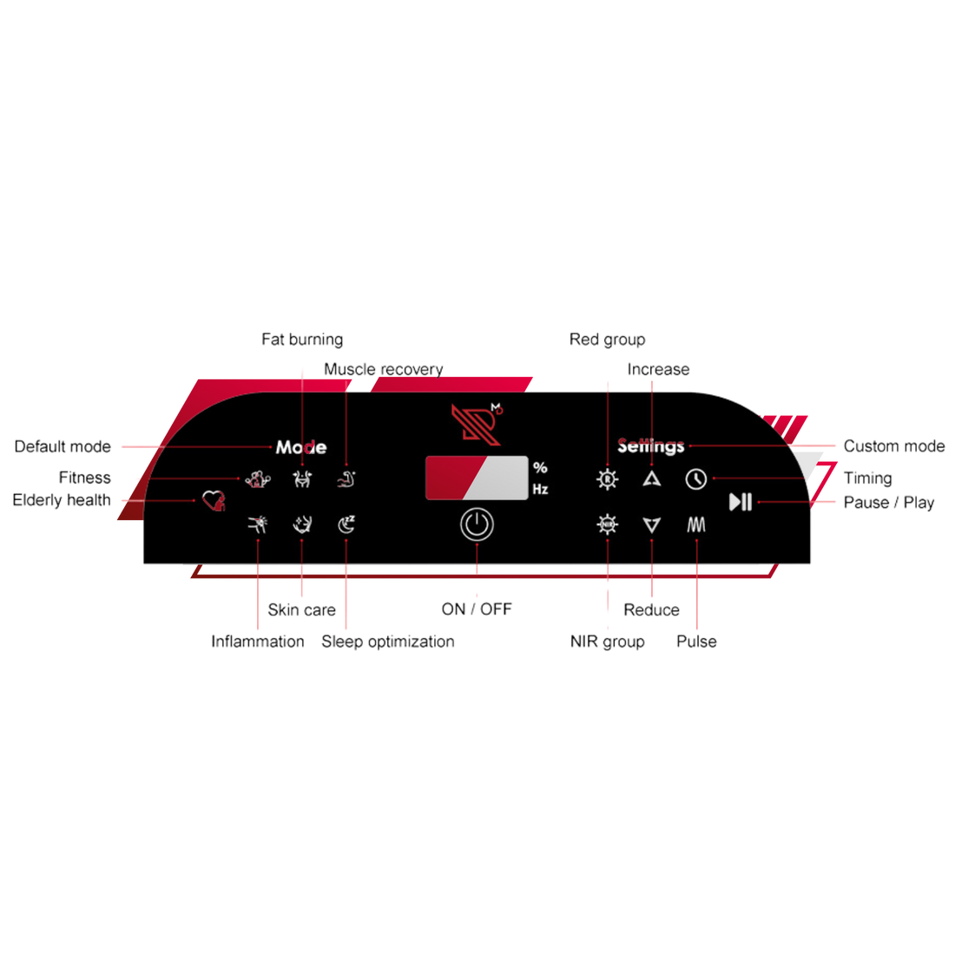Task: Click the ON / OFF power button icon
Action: [477, 525]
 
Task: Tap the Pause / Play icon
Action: [741, 502]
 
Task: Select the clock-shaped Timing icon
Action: [695, 478]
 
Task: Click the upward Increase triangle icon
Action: [652, 478]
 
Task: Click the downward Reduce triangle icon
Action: [652, 524]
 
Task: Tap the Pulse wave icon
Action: [696, 524]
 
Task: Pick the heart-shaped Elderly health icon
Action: [213, 500]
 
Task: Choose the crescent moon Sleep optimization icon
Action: [346, 524]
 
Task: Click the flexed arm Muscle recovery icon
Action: [346, 478]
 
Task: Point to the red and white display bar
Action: [477, 477]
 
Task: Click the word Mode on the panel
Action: [300, 447]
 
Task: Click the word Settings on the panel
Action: [651, 446]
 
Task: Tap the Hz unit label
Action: [540, 490]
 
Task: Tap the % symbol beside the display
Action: [540, 468]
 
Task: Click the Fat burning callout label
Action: [302, 339]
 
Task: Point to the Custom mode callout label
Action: [893, 446]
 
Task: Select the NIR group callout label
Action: [608, 642]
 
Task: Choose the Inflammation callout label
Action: [258, 642]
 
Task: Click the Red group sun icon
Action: [608, 478]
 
